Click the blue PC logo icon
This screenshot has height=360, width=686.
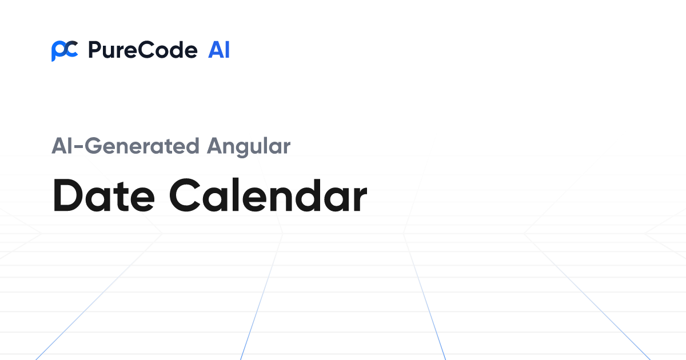pyautogui.click(x=64, y=51)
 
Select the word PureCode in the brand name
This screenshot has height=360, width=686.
pyautogui.click(x=142, y=51)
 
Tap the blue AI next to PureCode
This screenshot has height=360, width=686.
pyautogui.click(x=219, y=51)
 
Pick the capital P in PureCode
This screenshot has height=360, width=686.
pyautogui.click(x=93, y=51)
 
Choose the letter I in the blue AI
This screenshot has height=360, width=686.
pyautogui.click(x=227, y=51)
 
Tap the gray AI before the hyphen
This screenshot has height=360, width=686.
pyautogui.click(x=63, y=146)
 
